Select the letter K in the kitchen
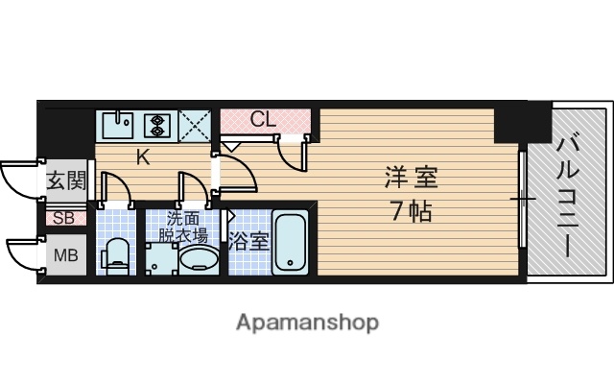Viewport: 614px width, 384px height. pos(142,158)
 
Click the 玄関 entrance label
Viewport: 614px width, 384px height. pos(66,180)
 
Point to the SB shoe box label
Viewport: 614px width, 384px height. pos(63,217)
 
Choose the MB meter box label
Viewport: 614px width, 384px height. pos(66,255)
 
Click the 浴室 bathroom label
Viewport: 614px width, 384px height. pos(249,241)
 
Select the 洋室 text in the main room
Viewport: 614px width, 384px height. pos(412,179)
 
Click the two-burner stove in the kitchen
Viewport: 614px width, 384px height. pos(156,125)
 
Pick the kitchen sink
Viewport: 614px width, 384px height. pos(118,126)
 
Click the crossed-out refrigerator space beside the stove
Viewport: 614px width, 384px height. pos(195,126)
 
